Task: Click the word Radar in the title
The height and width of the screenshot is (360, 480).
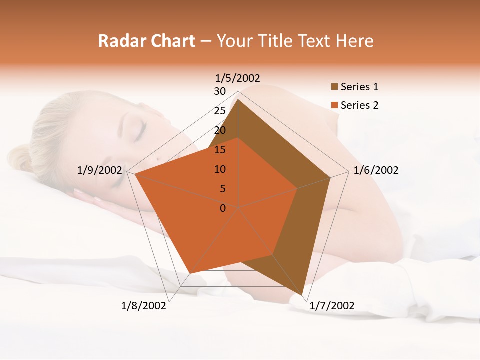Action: pos(120,41)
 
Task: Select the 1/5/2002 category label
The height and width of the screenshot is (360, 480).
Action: pos(238,78)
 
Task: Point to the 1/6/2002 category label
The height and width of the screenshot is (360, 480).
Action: pos(376,170)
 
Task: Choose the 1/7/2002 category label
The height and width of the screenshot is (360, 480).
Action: pos(332,306)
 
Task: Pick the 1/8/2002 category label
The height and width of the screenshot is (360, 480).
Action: pos(144,306)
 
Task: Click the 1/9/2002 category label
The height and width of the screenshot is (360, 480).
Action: pos(100,170)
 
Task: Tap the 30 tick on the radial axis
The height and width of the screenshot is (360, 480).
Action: pos(220,91)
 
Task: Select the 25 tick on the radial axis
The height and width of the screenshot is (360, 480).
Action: pos(220,111)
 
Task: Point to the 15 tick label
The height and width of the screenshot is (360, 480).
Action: pos(220,150)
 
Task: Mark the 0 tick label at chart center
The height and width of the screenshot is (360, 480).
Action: pos(223,208)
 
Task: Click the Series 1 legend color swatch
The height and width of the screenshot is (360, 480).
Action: pos(334,87)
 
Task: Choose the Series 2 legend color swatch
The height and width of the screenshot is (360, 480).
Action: pos(334,105)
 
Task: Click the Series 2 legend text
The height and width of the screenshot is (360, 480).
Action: pos(359,105)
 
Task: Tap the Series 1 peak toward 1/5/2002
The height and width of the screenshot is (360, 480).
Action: pos(238,100)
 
